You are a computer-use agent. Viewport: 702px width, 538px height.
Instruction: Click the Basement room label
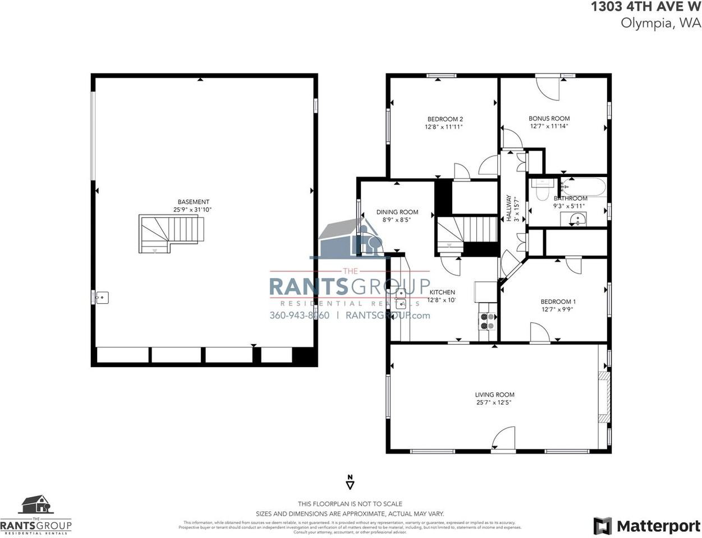pos(193,202)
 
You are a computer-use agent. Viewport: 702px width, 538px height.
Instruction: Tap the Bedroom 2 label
pos(445,119)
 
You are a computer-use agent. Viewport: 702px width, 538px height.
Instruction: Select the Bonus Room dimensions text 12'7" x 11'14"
pos(549,127)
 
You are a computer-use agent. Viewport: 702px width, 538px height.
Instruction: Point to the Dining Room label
pos(397,212)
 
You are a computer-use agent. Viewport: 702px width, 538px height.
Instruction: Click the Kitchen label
pos(442,293)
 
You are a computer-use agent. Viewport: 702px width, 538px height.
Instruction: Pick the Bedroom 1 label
pos(558,302)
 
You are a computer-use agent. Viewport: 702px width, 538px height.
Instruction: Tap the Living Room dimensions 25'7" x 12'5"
pos(494,402)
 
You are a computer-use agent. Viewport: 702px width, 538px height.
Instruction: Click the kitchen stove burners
pos(487,321)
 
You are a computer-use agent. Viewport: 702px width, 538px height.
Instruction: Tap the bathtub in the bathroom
pos(584,186)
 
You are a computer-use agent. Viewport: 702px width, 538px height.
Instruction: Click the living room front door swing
pos(504,438)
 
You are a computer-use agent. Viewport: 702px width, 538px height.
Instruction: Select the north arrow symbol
pos(350,482)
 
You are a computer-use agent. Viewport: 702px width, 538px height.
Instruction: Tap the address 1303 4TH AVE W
pos(645,7)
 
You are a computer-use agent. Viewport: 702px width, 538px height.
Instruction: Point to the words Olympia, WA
pos(661,23)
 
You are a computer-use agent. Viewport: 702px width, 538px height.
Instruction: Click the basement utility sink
pos(102,298)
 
